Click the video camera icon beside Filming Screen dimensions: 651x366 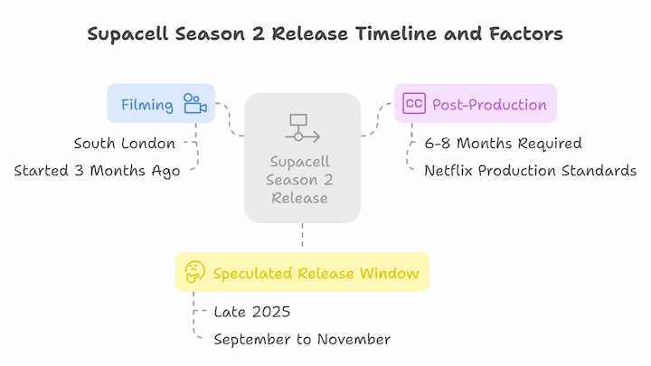point(195,103)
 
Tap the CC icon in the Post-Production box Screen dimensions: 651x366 point(414,103)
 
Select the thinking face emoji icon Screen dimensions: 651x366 point(194,272)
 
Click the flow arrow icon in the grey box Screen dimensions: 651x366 point(302,128)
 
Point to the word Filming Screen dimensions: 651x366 point(147,105)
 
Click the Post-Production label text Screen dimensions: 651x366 point(489,105)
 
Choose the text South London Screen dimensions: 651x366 point(125,143)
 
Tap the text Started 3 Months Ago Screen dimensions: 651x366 point(97,171)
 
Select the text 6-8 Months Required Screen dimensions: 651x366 point(503,143)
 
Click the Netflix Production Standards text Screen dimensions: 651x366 point(530,171)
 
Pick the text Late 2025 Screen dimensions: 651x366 point(252,312)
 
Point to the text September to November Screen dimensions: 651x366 point(302,340)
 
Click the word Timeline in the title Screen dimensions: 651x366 point(396,33)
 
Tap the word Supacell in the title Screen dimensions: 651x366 point(127,34)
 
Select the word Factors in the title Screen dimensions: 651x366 point(526,33)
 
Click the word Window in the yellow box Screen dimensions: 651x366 point(390,274)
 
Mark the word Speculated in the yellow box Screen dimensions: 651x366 point(254,274)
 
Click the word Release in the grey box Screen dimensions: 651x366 point(300,198)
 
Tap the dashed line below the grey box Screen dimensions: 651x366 point(302,235)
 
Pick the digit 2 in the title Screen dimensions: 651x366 point(259,33)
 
